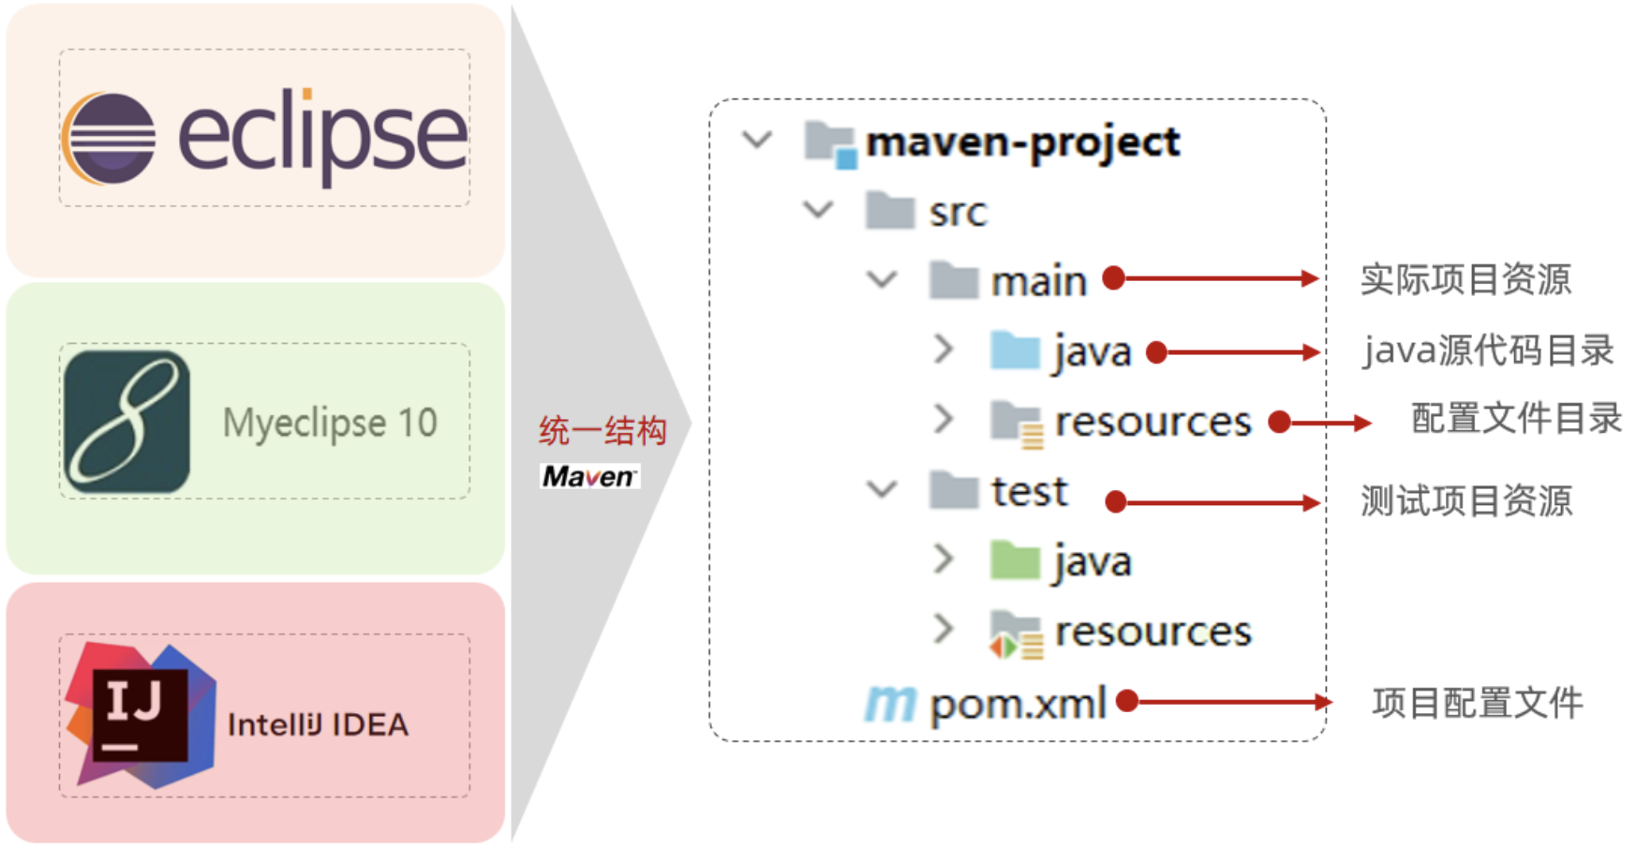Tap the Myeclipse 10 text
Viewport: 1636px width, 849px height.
[x=330, y=423]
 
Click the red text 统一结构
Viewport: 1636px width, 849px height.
[x=602, y=431]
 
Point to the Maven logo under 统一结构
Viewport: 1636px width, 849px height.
[x=589, y=477]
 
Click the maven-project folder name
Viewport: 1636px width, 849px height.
[x=1022, y=142]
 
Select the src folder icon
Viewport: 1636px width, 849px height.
[x=889, y=211]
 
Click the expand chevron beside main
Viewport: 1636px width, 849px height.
[x=882, y=279]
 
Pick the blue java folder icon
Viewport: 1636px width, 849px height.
[x=1015, y=350]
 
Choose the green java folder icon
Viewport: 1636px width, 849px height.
[x=1015, y=560]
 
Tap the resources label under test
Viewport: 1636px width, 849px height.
[x=1153, y=632]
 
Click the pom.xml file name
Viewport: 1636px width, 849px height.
[x=1018, y=704]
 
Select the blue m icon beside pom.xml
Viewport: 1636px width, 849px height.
[x=889, y=703]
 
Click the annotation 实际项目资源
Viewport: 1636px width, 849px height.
[x=1465, y=279]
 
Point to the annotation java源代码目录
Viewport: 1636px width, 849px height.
[x=1488, y=350]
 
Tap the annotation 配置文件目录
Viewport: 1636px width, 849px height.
[x=1516, y=419]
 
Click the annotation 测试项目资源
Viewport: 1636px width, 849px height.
[x=1465, y=501]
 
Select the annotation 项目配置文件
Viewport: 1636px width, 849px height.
[x=1478, y=703]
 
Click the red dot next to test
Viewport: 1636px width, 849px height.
[x=1115, y=502]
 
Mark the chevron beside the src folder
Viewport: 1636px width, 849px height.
[x=818, y=210]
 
